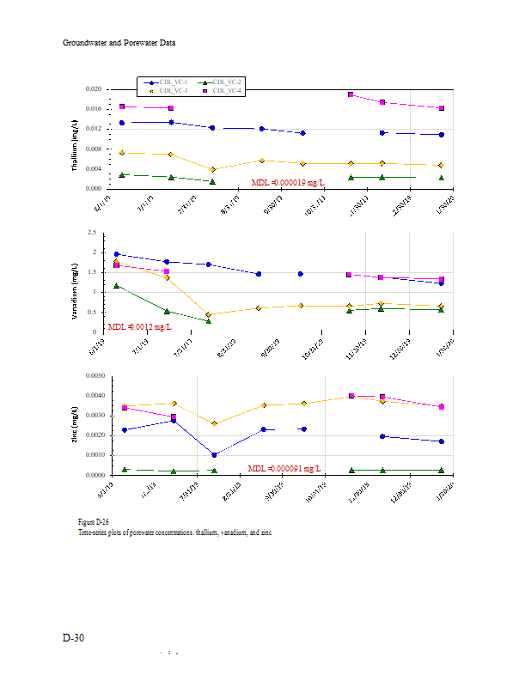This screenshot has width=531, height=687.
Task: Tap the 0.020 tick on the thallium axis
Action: (x=93, y=89)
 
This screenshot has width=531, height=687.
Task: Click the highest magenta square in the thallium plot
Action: (x=351, y=94)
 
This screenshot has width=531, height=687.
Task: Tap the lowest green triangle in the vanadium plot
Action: (x=209, y=320)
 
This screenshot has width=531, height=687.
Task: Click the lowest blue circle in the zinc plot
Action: (x=214, y=454)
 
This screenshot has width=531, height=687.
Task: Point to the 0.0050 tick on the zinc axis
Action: (x=92, y=376)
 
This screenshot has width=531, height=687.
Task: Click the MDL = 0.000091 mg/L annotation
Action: (x=284, y=468)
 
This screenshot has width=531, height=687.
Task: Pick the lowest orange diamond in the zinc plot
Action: (x=214, y=423)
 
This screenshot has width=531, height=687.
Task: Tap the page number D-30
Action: (x=73, y=637)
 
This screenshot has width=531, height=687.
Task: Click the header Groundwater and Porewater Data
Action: (x=119, y=42)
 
